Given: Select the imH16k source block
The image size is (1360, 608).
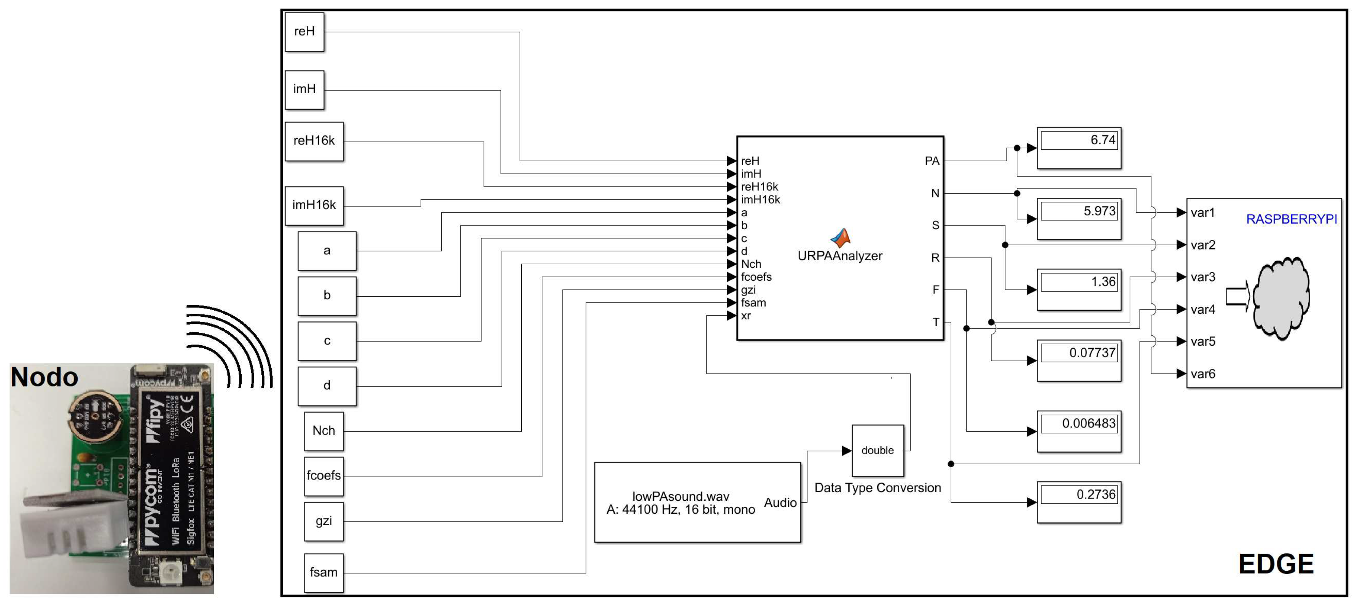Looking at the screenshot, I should pyautogui.click(x=314, y=205).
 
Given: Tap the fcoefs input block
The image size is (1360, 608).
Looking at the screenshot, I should pyautogui.click(x=323, y=476).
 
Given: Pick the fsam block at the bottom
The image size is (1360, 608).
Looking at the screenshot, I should pyautogui.click(x=323, y=573).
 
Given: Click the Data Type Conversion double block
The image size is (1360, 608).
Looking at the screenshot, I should pyautogui.click(x=877, y=451).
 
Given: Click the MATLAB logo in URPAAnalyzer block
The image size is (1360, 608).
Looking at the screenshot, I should pyautogui.click(x=841, y=238).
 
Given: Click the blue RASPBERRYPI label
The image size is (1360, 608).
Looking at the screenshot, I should pyautogui.click(x=1292, y=219).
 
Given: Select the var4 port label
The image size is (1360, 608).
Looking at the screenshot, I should pyautogui.click(x=1203, y=310).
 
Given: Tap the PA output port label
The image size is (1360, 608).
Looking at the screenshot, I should pyautogui.click(x=932, y=161).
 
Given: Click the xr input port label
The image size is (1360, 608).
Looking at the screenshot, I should pyautogui.click(x=745, y=316).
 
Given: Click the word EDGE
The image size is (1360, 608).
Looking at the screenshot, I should pyautogui.click(x=1276, y=564).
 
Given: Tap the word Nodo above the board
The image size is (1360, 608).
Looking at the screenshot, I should pyautogui.click(x=45, y=377).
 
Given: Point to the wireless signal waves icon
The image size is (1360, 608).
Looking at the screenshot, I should pyautogui.click(x=230, y=346).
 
